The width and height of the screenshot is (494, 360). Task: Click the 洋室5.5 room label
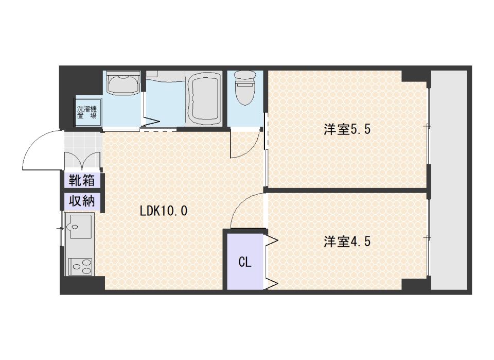[347, 130]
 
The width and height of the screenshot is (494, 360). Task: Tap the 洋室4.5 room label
[347, 242]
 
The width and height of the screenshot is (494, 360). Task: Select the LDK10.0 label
[164, 211]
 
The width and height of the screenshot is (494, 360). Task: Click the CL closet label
[245, 262]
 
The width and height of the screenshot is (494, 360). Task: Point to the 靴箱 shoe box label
[82, 181]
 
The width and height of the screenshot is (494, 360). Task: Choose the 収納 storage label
[82, 200]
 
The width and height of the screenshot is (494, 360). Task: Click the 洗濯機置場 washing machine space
[88, 112]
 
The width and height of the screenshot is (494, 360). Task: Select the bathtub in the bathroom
[204, 97]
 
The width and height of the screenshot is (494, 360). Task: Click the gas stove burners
[80, 267]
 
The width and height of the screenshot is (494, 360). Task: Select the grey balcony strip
[449, 180]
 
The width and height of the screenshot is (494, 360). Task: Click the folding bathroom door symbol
[152, 122]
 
